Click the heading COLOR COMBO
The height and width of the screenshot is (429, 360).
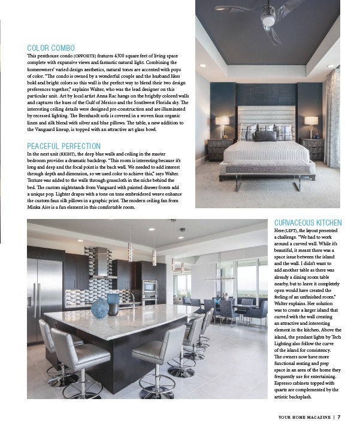[51, 48]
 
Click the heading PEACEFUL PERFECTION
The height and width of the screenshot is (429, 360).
[63, 146]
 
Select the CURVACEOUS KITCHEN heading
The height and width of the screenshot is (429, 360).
[307, 223]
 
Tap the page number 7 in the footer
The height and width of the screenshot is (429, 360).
[338, 417]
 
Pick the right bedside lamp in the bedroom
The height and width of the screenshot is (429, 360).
[311, 124]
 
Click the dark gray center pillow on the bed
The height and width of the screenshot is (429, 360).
[266, 135]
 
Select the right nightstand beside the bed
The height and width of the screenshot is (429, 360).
[313, 149]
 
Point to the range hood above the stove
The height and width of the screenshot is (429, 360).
[102, 263]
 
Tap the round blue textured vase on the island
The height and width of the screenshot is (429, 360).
[100, 307]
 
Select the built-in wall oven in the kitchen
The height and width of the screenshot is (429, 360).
[150, 290]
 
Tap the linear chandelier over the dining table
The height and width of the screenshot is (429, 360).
[219, 277]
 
